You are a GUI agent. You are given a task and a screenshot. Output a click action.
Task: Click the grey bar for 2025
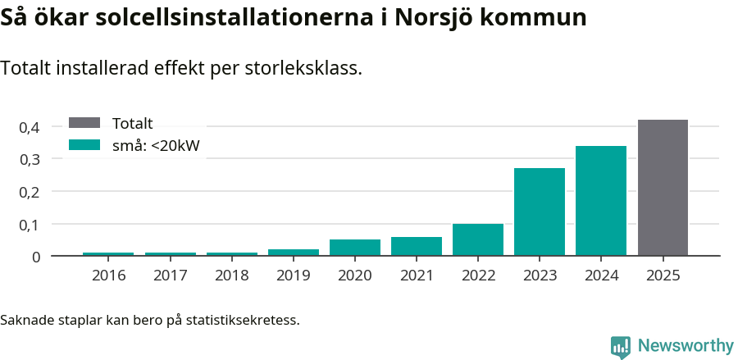663,188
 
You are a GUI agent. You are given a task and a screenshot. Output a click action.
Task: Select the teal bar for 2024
601,201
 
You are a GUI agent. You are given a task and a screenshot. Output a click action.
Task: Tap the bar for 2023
540,212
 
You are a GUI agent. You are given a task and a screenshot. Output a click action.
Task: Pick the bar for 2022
478,239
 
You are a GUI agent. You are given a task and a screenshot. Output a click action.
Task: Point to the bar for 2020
355,247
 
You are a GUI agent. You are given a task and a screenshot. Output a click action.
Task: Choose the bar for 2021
417,246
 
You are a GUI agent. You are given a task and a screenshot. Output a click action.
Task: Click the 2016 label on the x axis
109,276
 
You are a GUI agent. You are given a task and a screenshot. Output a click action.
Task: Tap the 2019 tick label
294,276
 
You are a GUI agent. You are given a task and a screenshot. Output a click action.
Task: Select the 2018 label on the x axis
232,276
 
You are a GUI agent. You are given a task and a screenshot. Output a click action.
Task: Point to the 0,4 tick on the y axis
30,127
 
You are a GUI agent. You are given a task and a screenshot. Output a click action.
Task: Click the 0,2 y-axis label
30,192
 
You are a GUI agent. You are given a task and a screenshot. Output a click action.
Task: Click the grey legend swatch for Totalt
84,123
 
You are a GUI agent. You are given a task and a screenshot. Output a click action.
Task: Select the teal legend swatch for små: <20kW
84,145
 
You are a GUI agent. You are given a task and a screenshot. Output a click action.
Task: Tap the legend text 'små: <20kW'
157,146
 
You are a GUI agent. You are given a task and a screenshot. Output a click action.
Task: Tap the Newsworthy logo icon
621,346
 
